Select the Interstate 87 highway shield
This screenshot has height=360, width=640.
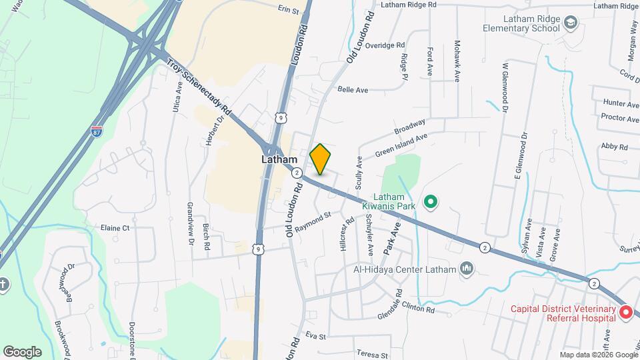pos(97,131)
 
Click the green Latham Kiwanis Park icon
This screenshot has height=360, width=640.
pos(431,201)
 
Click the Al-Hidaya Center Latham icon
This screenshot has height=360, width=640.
pos(467,269)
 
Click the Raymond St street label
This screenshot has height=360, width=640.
pos(313,221)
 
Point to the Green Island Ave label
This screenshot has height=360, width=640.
pos(401,147)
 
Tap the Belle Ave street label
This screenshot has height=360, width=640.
pos(353,89)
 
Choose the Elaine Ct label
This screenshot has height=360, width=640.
pos(114,228)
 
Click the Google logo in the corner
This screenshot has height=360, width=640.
pos(22,351)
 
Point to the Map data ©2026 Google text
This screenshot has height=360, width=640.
pos(598,355)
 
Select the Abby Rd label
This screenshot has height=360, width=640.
pos(614,147)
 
